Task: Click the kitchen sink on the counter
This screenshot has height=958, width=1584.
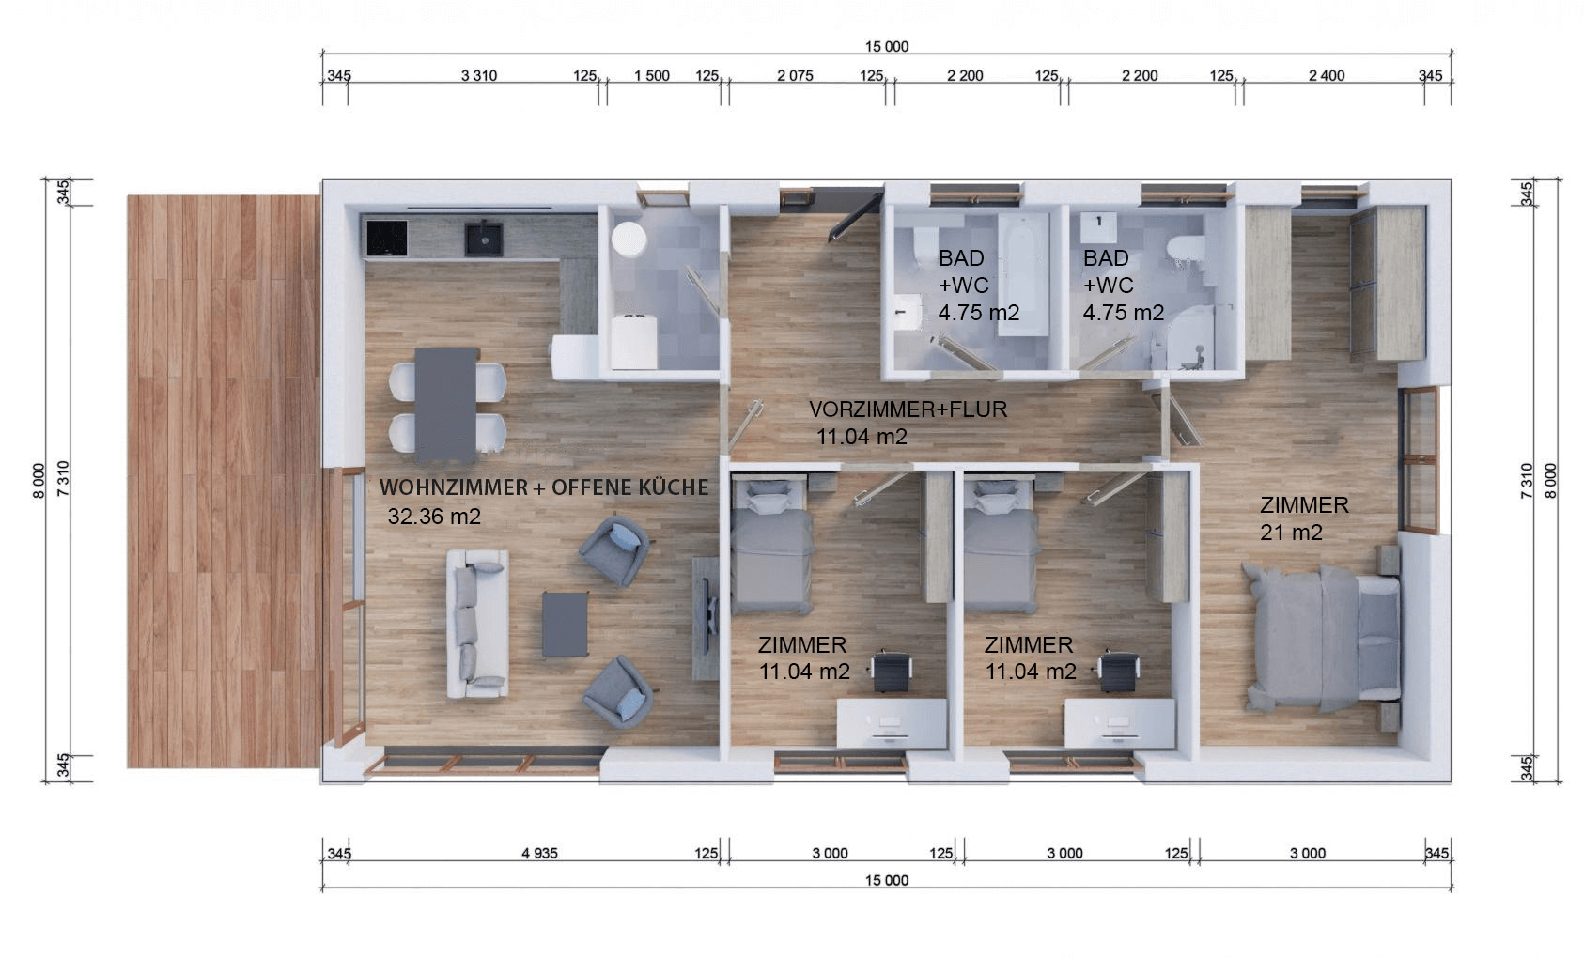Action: click(x=484, y=239)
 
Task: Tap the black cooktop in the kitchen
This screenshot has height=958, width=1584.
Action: click(x=387, y=239)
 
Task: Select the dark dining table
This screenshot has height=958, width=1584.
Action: click(x=446, y=405)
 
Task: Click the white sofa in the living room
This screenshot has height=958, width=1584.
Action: click(x=477, y=624)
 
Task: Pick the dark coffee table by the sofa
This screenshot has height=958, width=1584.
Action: click(x=565, y=625)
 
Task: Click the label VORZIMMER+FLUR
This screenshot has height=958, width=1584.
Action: click(x=908, y=409)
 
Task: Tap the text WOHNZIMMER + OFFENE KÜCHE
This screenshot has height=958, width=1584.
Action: click(x=544, y=487)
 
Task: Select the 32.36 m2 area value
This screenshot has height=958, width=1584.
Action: click(x=434, y=517)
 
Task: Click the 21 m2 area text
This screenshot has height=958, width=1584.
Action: click(x=1291, y=533)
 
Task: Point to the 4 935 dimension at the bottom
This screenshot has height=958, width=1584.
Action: click(x=539, y=854)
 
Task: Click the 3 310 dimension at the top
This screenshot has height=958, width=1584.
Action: click(x=479, y=76)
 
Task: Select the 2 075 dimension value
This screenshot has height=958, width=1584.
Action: click(x=795, y=76)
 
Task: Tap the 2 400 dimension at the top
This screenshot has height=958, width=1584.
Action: click(x=1327, y=76)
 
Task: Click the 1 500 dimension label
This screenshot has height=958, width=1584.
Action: click(x=651, y=76)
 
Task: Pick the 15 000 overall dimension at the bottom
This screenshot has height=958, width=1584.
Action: click(x=887, y=880)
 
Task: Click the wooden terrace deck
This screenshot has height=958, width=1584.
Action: click(x=224, y=482)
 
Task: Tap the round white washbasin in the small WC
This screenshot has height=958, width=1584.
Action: click(x=628, y=239)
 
